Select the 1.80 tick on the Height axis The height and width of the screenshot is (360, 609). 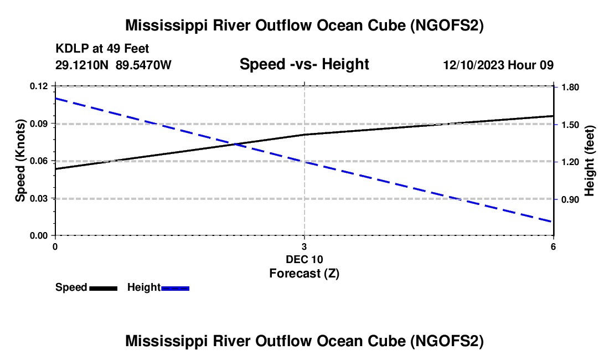(570, 87)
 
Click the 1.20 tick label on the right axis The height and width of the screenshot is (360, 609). (570, 162)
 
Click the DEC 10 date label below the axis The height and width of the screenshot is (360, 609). (304, 259)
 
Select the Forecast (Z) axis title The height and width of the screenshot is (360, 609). (304, 273)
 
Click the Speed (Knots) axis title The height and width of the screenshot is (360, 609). (20, 161)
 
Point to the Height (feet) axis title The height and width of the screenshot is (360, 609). (590, 161)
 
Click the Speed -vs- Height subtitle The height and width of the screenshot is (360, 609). (304, 65)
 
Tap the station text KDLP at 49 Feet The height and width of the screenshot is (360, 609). (102, 49)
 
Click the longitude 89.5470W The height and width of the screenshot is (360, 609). (143, 65)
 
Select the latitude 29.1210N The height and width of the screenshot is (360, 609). (82, 65)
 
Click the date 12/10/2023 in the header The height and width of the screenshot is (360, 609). (473, 65)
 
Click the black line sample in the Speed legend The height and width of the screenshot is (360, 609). (103, 288)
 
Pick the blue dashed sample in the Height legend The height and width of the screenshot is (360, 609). (176, 288)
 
